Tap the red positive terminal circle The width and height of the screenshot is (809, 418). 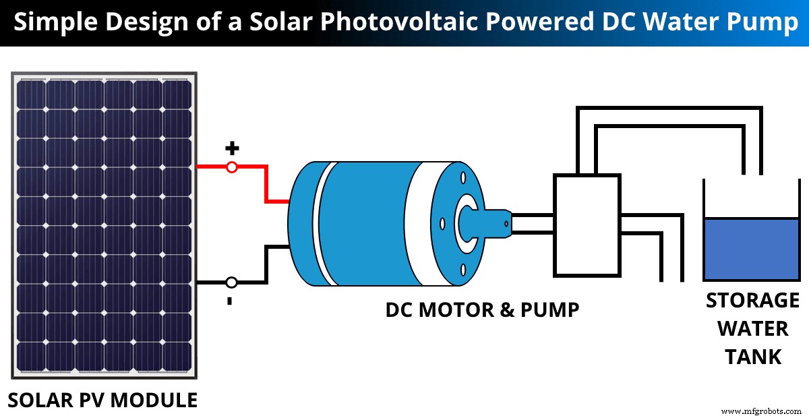pyautogui.click(x=231, y=167)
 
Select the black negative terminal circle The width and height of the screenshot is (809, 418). pyautogui.click(x=231, y=282)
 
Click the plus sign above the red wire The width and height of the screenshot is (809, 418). pyautogui.click(x=231, y=148)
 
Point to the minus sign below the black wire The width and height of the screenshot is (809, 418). pyautogui.click(x=230, y=301)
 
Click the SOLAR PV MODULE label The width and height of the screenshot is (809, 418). pyautogui.click(x=102, y=400)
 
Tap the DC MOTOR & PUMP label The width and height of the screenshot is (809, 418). pyautogui.click(x=482, y=310)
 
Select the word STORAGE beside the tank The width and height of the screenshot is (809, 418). pyautogui.click(x=752, y=300)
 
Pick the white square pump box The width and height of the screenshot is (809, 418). pyautogui.click(x=587, y=225)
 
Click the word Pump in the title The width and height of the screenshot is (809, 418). pyautogui.click(x=768, y=22)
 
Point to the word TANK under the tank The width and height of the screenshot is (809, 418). pyautogui.click(x=752, y=356)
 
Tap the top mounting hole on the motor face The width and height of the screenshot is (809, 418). pyautogui.click(x=463, y=178)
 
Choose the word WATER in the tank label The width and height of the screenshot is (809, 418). pyautogui.click(x=752, y=328)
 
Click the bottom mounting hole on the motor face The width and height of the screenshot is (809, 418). pyautogui.click(x=463, y=269)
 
